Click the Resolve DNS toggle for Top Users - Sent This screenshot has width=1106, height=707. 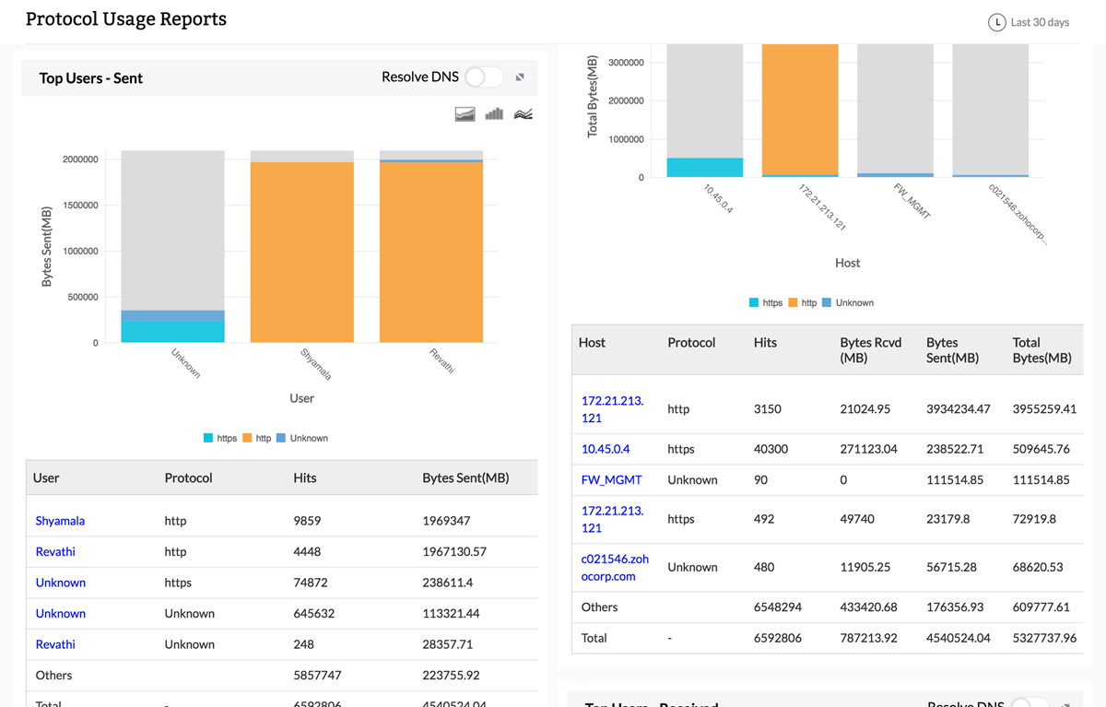coord(484,77)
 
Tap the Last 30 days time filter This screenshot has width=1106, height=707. coord(1029,22)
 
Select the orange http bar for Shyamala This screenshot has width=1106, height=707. coord(302,253)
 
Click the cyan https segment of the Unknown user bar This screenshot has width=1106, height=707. coord(173,332)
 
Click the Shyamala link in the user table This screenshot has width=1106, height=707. coord(60,521)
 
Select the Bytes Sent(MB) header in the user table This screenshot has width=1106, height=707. coord(465,478)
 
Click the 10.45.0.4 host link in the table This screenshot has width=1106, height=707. coord(606,449)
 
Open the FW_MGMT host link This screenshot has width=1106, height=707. coord(611,480)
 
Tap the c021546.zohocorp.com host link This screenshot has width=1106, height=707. coord(615,567)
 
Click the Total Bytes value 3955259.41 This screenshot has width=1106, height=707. coord(1044,408)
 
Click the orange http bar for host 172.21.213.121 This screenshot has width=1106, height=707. coord(800,109)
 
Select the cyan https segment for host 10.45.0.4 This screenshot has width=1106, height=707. coord(704,168)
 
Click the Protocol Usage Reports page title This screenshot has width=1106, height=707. coord(126,19)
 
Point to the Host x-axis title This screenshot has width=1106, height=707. coord(847,263)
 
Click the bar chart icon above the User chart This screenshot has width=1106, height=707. coord(494,114)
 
